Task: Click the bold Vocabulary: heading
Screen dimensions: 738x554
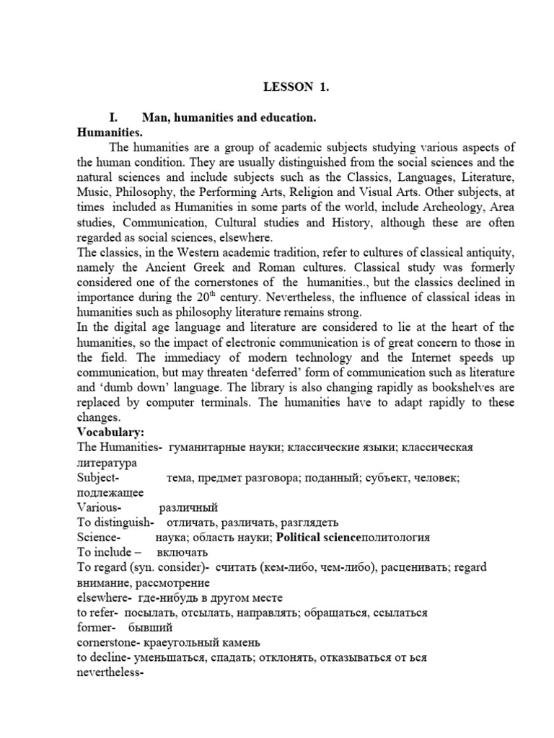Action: [x=111, y=432]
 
